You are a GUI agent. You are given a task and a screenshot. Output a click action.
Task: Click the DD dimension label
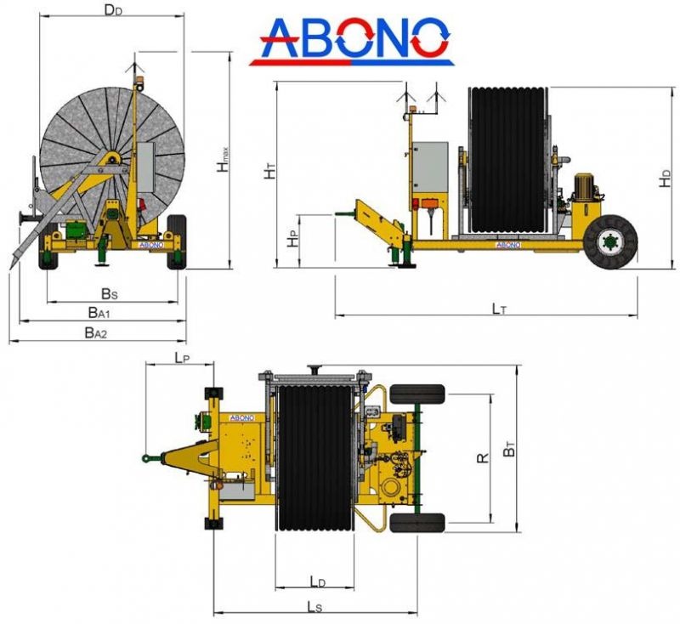click(113, 10)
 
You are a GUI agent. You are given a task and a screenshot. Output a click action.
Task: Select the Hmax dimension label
click(224, 160)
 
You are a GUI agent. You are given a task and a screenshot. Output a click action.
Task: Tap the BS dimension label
click(110, 294)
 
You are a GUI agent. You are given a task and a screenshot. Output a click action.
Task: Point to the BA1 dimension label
click(99, 313)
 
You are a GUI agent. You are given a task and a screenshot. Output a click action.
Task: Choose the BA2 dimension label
click(95, 332)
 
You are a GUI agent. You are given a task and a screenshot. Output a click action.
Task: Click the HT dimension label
click(270, 171)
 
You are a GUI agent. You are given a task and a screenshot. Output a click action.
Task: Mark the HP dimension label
click(294, 239)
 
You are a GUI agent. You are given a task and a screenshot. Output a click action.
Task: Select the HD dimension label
click(666, 179)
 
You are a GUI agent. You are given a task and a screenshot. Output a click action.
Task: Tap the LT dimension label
click(499, 309)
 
